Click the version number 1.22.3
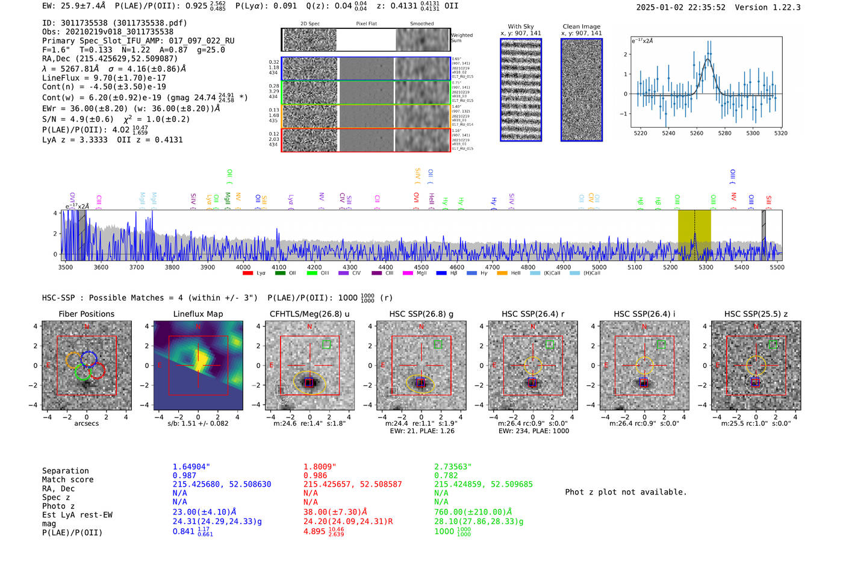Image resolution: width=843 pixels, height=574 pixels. click(x=781, y=8)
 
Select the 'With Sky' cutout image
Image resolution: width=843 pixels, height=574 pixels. click(x=521, y=90)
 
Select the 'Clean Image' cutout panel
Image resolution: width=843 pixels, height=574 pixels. click(x=581, y=90)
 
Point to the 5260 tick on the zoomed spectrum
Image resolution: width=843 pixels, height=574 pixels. click(x=697, y=133)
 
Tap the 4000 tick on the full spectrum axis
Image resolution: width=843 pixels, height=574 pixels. click(x=243, y=267)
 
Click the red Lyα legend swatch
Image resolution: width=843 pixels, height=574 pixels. click(x=247, y=273)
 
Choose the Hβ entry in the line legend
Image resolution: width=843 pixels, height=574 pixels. click(x=441, y=273)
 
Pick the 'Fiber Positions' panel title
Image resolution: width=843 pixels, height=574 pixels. click(x=86, y=314)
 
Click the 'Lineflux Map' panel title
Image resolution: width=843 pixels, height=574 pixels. click(x=198, y=314)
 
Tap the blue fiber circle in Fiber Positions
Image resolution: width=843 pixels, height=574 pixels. click(x=89, y=358)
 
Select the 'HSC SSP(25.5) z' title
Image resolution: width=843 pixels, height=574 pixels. click(x=756, y=314)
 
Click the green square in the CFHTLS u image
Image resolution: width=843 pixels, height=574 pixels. click(x=326, y=345)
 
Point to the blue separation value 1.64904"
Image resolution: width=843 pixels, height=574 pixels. click(x=191, y=467)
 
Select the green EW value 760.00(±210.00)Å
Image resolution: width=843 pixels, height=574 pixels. click(x=473, y=512)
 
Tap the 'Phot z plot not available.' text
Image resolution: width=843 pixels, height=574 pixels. click(x=626, y=492)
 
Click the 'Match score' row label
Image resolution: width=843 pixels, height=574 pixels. click(x=68, y=480)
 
